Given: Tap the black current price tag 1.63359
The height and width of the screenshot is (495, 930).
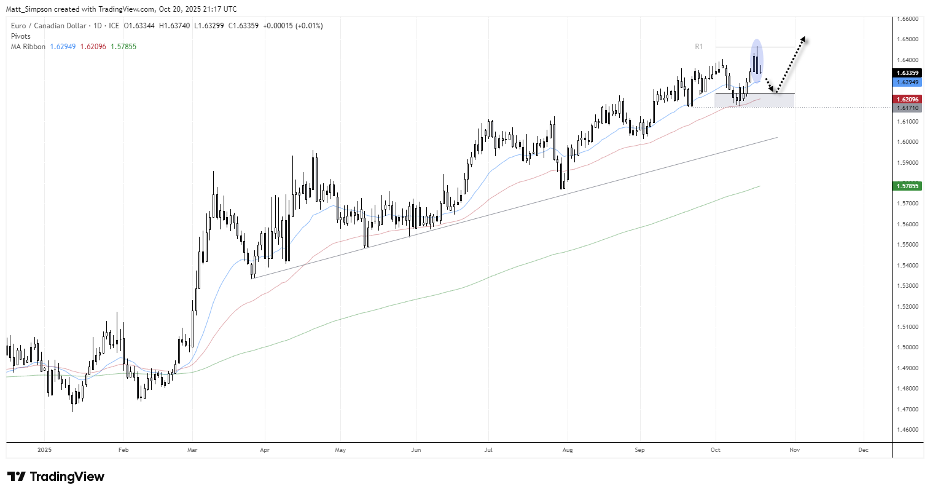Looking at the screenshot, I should pyautogui.click(x=907, y=73).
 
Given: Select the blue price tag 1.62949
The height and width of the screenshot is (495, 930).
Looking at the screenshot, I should pyautogui.click(x=907, y=82).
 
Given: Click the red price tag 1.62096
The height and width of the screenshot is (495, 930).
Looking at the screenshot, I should pyautogui.click(x=907, y=100).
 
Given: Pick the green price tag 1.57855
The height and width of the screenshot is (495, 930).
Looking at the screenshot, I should pyautogui.click(x=907, y=186).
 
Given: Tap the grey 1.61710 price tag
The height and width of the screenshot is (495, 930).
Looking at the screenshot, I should pyautogui.click(x=907, y=108).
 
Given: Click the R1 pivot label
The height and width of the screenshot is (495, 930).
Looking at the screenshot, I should pyautogui.click(x=699, y=47).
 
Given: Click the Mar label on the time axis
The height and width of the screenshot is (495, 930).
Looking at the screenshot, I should pyautogui.click(x=192, y=450).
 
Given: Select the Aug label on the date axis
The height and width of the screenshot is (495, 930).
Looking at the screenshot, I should pyautogui.click(x=568, y=450).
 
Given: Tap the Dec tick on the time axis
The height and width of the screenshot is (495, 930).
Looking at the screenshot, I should pyautogui.click(x=863, y=450).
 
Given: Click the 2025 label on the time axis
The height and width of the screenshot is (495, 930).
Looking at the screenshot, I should pyautogui.click(x=45, y=450).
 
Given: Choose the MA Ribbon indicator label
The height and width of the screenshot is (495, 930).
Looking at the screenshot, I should pyautogui.click(x=28, y=47).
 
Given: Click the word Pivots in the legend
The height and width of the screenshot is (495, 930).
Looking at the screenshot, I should pyautogui.click(x=21, y=36).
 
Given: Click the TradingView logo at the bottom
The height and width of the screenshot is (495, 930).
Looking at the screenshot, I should pyautogui.click(x=56, y=477).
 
